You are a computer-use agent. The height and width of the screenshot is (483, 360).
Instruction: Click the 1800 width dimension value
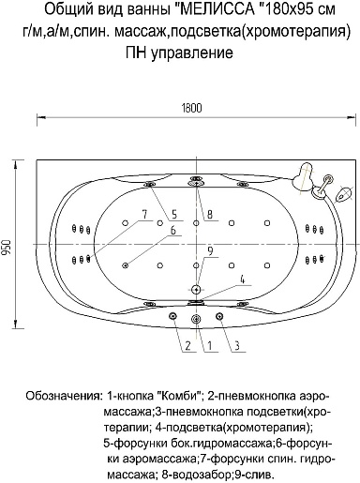click(x=191, y=108)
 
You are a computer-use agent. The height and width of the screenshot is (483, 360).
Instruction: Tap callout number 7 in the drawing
click(x=144, y=214)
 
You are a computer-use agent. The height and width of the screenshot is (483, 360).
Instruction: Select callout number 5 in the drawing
click(x=174, y=214)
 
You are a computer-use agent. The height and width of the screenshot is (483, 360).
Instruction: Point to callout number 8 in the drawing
click(x=209, y=214)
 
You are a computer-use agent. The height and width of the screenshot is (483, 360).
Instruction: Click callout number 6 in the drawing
click(x=172, y=230)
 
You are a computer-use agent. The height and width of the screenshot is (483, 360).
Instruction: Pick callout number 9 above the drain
click(x=210, y=250)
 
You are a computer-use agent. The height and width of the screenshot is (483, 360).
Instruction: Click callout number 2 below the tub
click(x=187, y=346)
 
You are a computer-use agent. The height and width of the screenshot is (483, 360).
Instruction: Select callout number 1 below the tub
click(x=210, y=346)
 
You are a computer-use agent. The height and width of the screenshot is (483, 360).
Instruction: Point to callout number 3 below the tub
click(x=237, y=346)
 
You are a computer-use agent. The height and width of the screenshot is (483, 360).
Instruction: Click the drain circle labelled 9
click(x=196, y=290)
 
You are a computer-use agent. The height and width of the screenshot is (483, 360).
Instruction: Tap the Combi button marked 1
click(x=196, y=319)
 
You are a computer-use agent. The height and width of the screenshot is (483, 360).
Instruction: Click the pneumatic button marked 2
click(x=172, y=316)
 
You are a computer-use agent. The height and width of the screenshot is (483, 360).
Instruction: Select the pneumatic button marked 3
click(x=219, y=316)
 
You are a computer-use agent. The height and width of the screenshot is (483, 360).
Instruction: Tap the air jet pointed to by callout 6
click(x=126, y=265)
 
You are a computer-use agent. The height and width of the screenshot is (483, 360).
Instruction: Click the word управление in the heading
click(x=192, y=53)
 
